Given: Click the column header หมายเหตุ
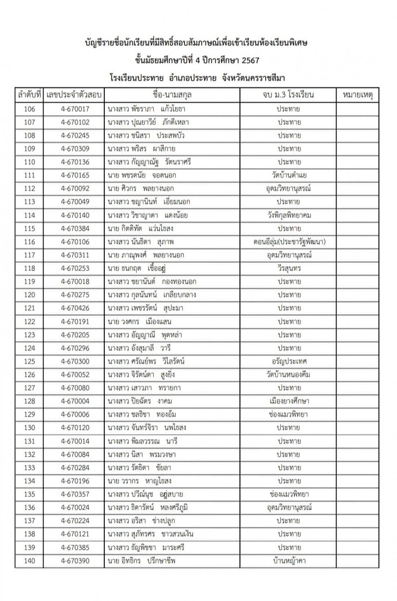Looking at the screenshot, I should [x=357, y=95].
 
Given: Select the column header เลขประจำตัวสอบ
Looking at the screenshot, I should [x=74, y=95].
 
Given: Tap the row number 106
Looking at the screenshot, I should [x=30, y=109].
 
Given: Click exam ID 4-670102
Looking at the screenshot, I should [x=75, y=122].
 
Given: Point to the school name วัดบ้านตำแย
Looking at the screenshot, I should [x=289, y=175].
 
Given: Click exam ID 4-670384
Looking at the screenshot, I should [x=75, y=228].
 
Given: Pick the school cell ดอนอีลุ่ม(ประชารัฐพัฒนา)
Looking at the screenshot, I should [x=289, y=242].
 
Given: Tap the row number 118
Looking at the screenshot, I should [x=30, y=268].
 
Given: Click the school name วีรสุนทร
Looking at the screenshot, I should [x=289, y=268].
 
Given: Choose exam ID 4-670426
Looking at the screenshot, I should [x=75, y=308].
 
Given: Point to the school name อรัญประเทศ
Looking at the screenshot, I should [x=289, y=361].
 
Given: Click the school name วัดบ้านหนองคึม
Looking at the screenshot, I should [x=289, y=375].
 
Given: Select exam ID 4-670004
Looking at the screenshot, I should [x=75, y=401].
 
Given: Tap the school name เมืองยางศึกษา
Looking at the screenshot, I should [x=289, y=401].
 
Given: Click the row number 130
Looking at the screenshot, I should [x=30, y=428].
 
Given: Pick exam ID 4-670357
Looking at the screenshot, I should [x=75, y=494].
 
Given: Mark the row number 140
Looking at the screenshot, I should [x=30, y=561].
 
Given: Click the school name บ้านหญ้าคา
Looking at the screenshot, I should [x=289, y=561].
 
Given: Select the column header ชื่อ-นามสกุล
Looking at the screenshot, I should [x=172, y=95].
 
